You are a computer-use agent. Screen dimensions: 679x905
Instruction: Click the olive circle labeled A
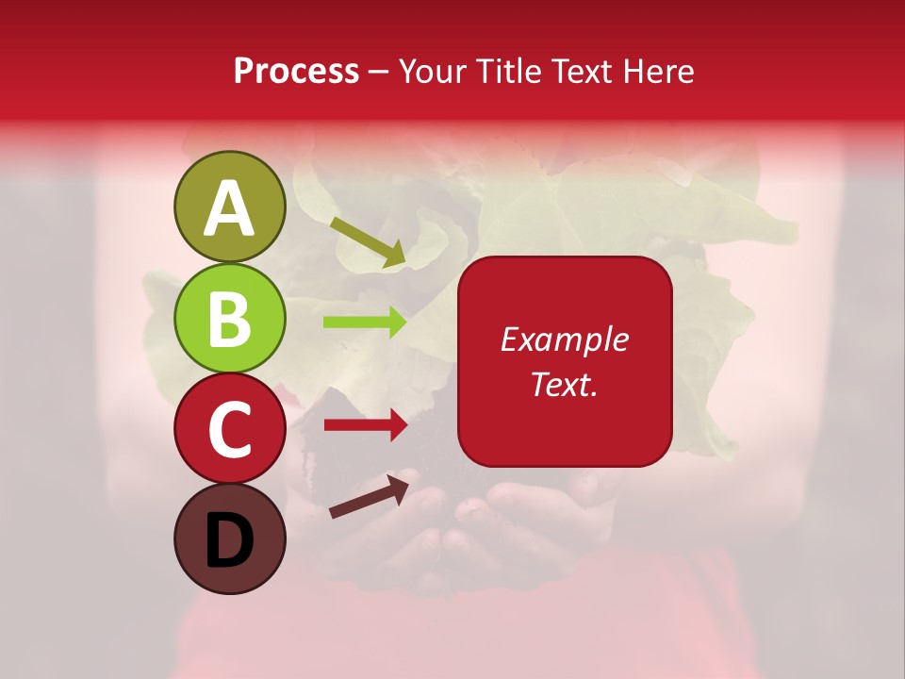[x=229, y=207]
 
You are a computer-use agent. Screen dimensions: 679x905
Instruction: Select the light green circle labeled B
[x=229, y=318]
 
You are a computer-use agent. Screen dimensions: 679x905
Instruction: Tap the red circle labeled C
[x=229, y=428]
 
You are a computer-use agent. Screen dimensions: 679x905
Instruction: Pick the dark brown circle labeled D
[x=229, y=538]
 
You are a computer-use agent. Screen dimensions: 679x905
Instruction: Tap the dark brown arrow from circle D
[x=369, y=496]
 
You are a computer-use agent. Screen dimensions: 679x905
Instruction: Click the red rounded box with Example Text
[x=565, y=361]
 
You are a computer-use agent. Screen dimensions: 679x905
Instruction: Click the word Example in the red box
[x=565, y=339]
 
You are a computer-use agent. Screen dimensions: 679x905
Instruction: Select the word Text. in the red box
[x=565, y=384]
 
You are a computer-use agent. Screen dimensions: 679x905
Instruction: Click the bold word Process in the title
[x=296, y=71]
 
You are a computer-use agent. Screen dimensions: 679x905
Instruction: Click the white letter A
[x=229, y=208]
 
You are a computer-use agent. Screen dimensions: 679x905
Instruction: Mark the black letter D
[x=229, y=540]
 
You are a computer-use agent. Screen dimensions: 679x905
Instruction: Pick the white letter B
[x=229, y=319]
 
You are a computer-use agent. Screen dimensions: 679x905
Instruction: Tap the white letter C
[x=229, y=429]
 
